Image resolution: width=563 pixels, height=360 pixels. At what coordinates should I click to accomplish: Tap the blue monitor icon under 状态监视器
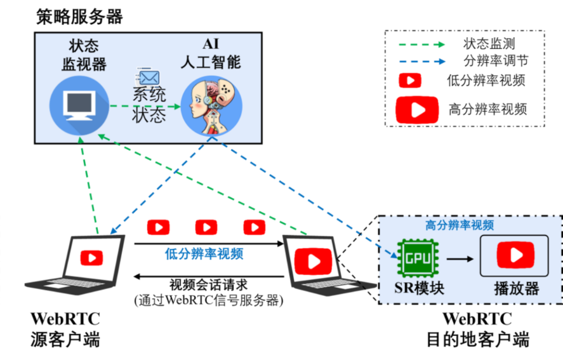click(79, 106)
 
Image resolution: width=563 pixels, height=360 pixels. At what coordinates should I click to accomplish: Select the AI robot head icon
click(211, 106)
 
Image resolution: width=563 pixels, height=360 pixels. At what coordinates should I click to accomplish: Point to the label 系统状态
click(149, 105)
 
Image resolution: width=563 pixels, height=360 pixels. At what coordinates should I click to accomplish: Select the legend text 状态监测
click(489, 44)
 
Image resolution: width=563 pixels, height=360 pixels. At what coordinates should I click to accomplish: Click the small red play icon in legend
click(410, 81)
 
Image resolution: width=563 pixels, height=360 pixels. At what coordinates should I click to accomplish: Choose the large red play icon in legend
click(417, 109)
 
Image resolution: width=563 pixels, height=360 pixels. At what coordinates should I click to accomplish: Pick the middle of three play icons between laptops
click(206, 227)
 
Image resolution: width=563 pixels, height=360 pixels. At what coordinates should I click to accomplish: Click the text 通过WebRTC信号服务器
click(209, 301)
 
